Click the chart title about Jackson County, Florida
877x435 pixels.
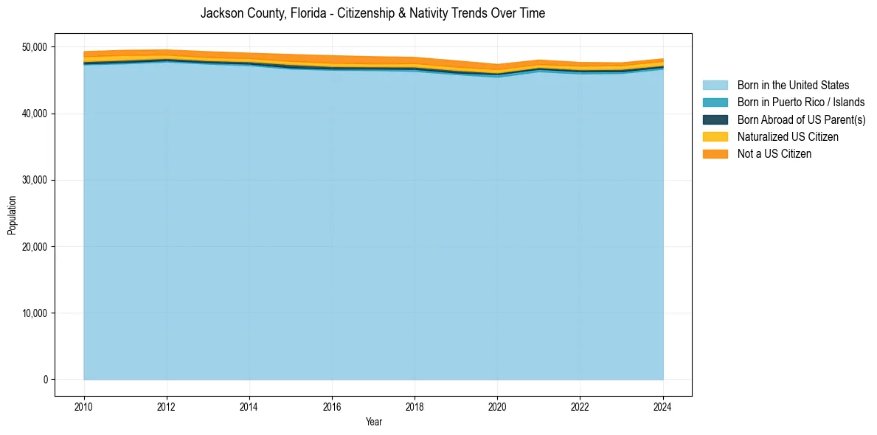point(372,13)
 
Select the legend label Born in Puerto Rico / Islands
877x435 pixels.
point(801,102)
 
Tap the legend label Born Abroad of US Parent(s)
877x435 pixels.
point(801,119)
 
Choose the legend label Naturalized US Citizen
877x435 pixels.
point(788,137)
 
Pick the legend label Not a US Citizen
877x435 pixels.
point(774,154)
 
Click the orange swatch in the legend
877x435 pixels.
point(715,154)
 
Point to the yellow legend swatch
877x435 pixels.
point(715,137)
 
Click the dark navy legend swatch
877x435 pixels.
point(715,119)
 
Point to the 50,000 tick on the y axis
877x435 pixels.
point(34,47)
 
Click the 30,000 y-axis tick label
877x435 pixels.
point(34,180)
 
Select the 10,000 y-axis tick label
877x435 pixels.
point(34,313)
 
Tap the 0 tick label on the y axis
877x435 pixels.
point(45,380)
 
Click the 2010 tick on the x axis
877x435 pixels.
point(84,406)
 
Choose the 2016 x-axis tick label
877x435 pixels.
point(332,406)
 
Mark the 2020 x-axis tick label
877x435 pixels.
point(497,406)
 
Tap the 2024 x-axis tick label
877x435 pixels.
point(662,406)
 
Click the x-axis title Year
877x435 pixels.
point(373,422)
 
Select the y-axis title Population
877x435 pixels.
point(12,215)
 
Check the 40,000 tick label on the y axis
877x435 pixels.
point(34,114)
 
